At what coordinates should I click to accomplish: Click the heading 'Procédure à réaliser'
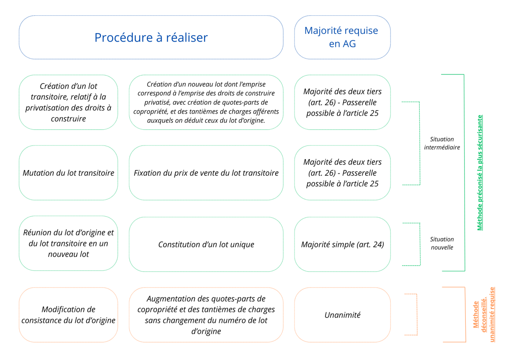(151, 38)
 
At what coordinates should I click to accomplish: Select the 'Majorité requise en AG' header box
(342, 37)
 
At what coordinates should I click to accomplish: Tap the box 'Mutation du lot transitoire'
(68, 173)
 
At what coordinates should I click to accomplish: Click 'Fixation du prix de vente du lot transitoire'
(206, 173)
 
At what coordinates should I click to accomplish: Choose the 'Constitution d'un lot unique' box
(206, 244)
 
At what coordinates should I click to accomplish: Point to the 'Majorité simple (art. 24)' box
(342, 244)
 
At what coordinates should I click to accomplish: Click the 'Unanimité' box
(342, 315)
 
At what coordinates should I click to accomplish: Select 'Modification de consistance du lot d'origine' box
(68, 315)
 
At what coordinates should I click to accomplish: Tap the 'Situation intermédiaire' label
(442, 143)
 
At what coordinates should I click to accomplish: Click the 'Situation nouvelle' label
(442, 243)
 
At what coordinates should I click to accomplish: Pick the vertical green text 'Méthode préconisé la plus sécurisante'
(480, 173)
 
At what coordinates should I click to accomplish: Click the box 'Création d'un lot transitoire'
(68, 102)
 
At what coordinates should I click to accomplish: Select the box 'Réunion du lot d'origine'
(68, 243)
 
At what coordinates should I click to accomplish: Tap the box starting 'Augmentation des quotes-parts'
(206, 315)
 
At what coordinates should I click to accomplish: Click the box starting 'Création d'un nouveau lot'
(206, 102)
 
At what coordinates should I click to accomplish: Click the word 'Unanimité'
(342, 315)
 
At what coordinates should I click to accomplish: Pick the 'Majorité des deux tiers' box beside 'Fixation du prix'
(342, 173)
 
